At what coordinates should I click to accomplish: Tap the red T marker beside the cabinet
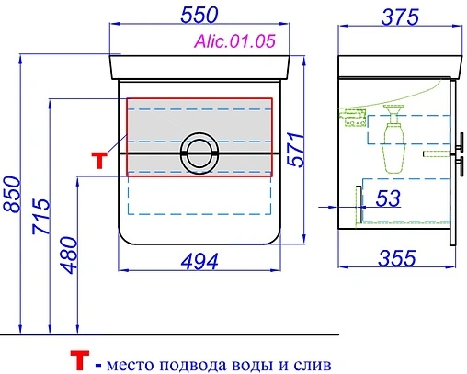[100, 158]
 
